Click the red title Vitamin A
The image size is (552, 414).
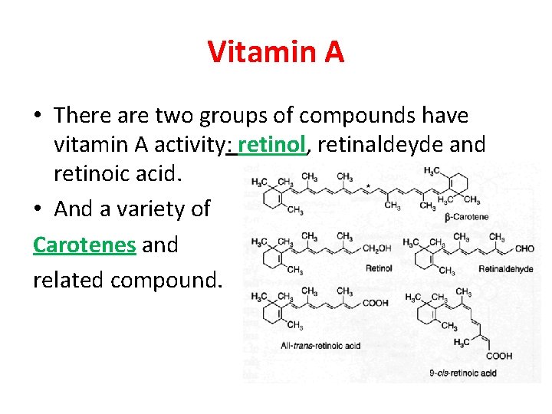point(276,53)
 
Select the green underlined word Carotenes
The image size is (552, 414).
point(84,245)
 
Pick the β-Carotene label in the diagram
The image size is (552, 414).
point(467,218)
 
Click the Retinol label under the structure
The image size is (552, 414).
point(379,268)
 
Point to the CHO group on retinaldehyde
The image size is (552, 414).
point(525,249)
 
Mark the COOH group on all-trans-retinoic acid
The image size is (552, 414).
point(375,303)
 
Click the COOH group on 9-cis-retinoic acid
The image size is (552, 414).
point(498,356)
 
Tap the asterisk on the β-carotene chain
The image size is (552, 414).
point(369,186)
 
